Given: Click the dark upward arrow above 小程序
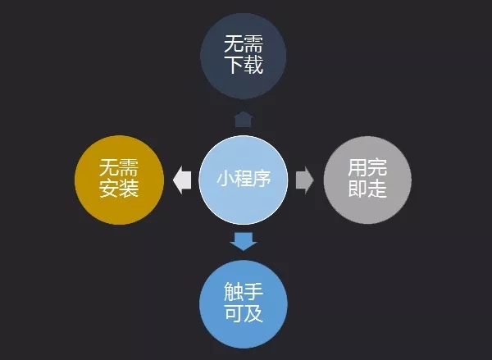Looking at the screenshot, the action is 244,119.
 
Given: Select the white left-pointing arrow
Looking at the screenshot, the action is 182,180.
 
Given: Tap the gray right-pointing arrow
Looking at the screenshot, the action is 305,180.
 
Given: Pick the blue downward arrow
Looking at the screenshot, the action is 244,241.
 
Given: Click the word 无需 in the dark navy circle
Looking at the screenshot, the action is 244,43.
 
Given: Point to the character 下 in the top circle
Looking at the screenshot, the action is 234,65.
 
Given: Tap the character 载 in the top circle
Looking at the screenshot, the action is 253,65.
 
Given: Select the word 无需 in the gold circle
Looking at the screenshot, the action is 119,167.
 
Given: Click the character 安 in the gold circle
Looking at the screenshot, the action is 109,189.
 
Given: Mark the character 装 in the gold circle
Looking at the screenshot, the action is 129,189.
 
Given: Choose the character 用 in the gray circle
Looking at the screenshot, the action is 358,167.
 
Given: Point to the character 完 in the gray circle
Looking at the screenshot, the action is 377,167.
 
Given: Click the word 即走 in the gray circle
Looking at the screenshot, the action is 367,189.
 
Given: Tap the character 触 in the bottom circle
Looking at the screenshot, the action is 234,292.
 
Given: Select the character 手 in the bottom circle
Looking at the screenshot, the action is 253,292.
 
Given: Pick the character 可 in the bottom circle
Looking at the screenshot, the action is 234,313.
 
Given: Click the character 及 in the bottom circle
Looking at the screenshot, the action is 253,313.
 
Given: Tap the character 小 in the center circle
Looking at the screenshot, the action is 225,179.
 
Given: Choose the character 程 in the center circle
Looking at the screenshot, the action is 244,179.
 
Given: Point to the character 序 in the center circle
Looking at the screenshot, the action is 262,179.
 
